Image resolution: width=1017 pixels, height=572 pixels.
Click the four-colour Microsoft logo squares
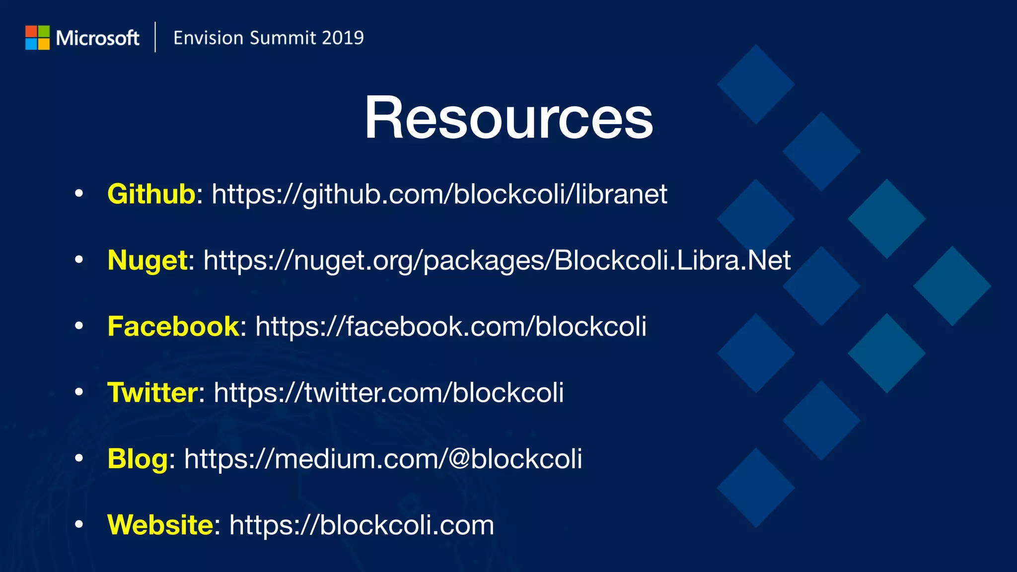[x=37, y=38]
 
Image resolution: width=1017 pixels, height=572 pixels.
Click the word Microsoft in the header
[x=97, y=38]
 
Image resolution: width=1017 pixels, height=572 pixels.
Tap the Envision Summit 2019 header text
[x=268, y=38]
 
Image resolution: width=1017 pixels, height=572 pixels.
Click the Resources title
[x=508, y=118]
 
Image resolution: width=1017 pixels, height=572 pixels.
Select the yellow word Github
[x=151, y=194]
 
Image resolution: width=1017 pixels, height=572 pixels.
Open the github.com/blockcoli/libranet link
[x=439, y=194]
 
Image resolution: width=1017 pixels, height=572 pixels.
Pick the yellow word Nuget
[x=147, y=260]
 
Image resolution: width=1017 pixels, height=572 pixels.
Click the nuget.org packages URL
[x=497, y=261]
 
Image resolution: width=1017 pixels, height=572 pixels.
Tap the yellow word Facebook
[x=173, y=326]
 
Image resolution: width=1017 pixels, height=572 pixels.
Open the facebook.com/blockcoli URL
[x=451, y=327]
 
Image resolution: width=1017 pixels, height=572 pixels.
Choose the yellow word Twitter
[x=153, y=393]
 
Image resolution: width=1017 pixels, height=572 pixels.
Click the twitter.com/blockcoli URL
[x=389, y=393]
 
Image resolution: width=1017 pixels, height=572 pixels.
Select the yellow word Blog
[x=138, y=459]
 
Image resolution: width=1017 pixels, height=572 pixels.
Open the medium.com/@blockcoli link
[x=383, y=459]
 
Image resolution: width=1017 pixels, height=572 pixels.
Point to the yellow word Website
[x=160, y=525]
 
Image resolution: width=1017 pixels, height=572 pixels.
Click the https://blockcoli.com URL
[x=362, y=525]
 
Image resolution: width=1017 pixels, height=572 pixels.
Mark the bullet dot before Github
[x=78, y=194]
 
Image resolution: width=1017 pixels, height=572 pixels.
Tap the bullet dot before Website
[x=78, y=524]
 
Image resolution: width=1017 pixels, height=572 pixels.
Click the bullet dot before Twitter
[x=78, y=392]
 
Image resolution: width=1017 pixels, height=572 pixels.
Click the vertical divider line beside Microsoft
[x=155, y=37]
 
